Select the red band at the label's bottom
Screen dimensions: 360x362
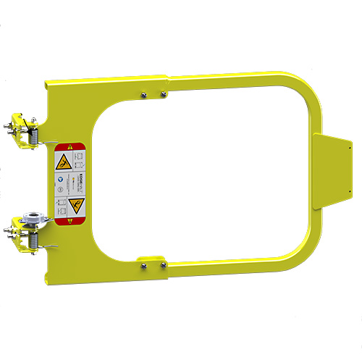(72, 220)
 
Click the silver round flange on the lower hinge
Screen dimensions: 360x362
(33, 217)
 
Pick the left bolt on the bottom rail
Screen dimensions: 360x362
(145, 267)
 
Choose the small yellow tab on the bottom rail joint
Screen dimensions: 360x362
(150, 257)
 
